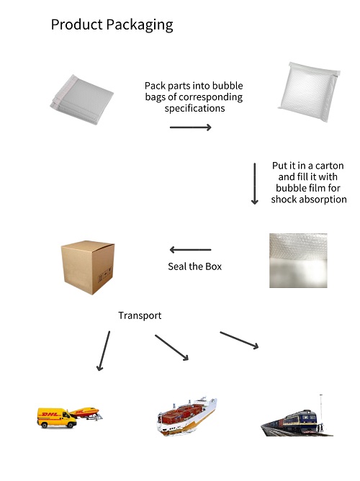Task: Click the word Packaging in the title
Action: point(140,25)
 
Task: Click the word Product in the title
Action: point(76,24)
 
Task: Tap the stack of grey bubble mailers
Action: point(82,99)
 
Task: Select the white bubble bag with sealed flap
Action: point(309,91)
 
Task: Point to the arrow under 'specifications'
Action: point(190,127)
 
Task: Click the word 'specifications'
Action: point(194,108)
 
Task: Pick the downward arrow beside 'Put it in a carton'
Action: point(254,184)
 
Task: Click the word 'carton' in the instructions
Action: point(329,166)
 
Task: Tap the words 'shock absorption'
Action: point(309,199)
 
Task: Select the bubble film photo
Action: point(298,261)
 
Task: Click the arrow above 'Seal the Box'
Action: point(190,250)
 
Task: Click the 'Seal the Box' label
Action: point(194,266)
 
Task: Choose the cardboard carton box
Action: point(88,267)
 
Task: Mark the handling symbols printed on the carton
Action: point(105,275)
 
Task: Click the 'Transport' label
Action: point(140,315)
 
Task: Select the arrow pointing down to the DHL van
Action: point(104,351)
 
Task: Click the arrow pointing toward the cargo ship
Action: point(172,348)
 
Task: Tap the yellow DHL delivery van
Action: point(57,418)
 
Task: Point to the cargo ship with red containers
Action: point(187,415)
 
